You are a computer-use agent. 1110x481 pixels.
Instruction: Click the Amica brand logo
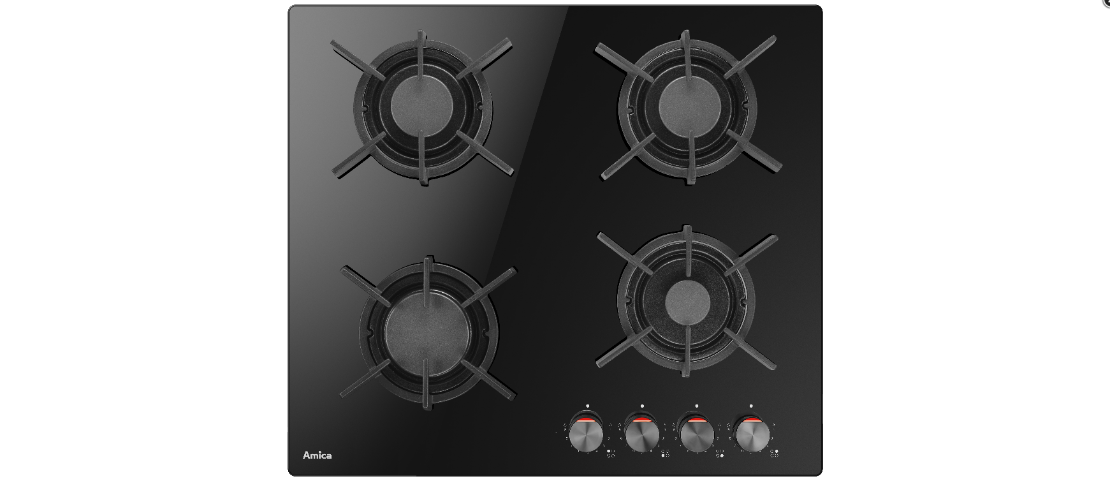(317, 455)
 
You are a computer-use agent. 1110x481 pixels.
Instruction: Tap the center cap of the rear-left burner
(422, 105)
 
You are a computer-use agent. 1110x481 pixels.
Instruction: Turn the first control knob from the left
(586, 436)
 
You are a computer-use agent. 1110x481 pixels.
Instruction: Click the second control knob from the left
(641, 436)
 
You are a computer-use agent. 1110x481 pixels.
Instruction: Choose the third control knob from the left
(696, 436)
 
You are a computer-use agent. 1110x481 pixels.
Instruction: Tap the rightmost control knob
(752, 436)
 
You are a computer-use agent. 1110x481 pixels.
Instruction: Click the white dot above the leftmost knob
(587, 406)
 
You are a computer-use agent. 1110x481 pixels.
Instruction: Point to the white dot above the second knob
(642, 406)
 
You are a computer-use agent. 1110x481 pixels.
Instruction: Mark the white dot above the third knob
(697, 406)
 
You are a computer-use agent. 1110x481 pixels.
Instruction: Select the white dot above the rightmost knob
(752, 406)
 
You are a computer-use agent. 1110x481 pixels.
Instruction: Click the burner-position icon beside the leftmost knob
(610, 454)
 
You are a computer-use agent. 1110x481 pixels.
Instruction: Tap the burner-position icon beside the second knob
(665, 454)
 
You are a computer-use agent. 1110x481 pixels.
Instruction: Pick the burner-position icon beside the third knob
(720, 454)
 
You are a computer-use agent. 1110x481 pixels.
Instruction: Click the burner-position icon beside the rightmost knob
(775, 454)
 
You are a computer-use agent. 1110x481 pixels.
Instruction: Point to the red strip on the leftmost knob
(587, 420)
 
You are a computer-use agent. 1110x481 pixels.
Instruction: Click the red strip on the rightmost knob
(752, 420)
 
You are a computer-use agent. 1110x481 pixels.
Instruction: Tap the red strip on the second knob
(641, 420)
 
